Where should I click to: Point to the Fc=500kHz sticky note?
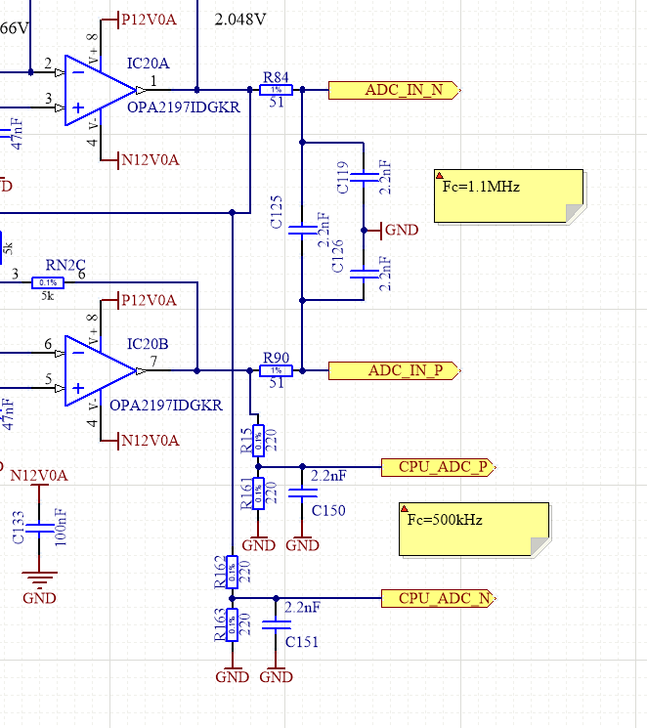pyautogui.click(x=474, y=529)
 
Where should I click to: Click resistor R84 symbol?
pyautogui.click(x=277, y=90)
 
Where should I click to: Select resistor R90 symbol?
pyautogui.click(x=277, y=371)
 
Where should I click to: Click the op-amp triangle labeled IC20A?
pyautogui.click(x=99, y=91)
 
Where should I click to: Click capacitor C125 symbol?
pyautogui.click(x=302, y=230)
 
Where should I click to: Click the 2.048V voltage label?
pyautogui.click(x=239, y=18)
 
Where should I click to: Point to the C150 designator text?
pyautogui.click(x=328, y=511)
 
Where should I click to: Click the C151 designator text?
pyautogui.click(x=302, y=642)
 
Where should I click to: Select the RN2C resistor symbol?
pyautogui.click(x=47, y=282)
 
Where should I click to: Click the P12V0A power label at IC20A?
pyautogui.click(x=147, y=19)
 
